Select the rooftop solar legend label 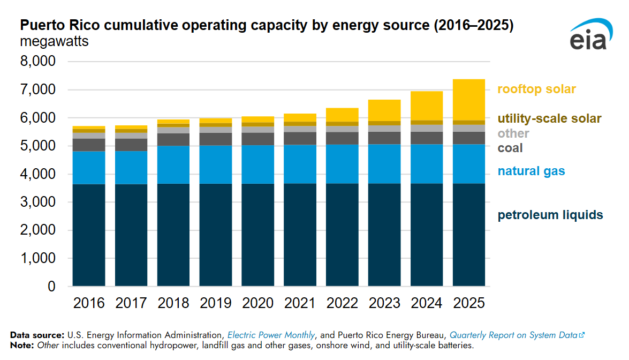pos(536,89)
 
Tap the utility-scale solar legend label pos(549,118)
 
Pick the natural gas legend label pos(531,171)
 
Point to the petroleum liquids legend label pos(550,215)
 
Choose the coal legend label pos(510,148)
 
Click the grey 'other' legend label pos(513,133)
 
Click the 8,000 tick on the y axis pos(37,62)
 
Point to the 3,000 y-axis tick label pos(37,202)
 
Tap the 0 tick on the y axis pos(51,287)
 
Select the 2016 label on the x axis pos(89,303)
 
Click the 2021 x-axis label pos(300,303)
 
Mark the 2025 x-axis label pos(468,303)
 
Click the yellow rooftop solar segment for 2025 pos(469,100)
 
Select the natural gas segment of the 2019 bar pos(216,164)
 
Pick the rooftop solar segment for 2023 pos(384,110)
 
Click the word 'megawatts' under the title pos(54,41)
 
